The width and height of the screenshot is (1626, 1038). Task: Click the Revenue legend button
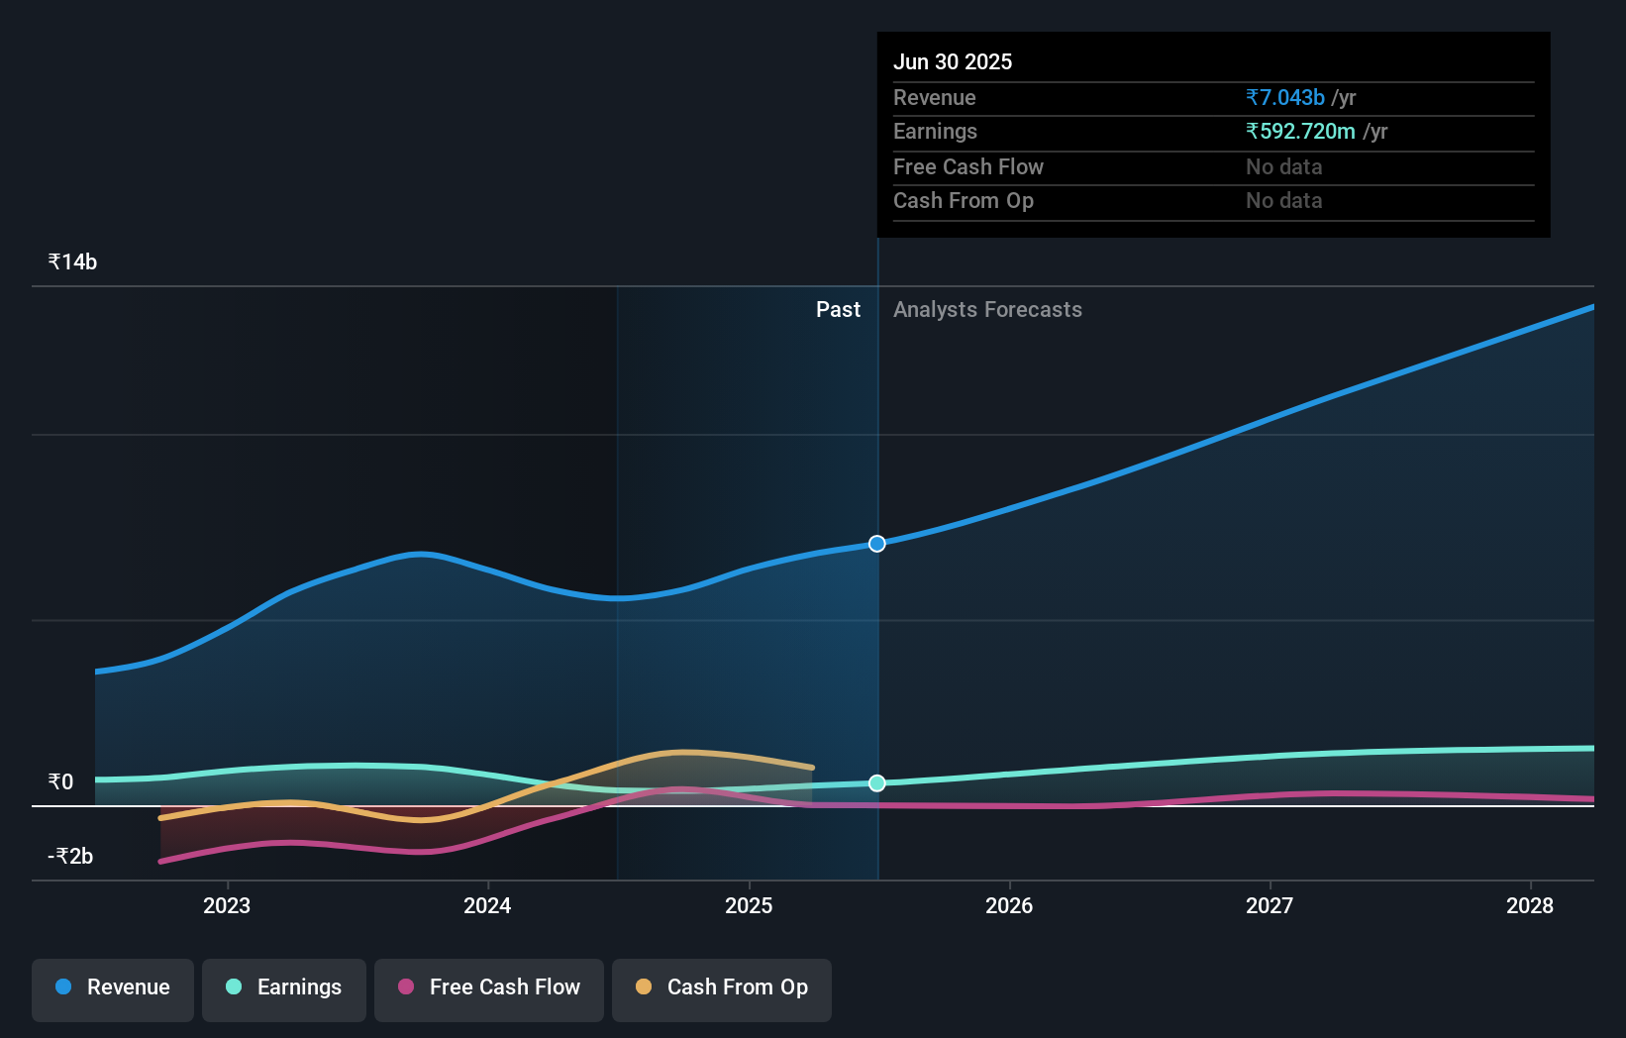point(113,988)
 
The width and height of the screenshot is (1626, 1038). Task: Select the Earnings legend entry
point(284,988)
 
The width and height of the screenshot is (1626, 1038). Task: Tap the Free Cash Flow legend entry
point(489,988)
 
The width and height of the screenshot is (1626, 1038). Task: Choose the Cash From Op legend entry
point(722,988)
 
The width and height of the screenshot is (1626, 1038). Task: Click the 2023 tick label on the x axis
point(227,906)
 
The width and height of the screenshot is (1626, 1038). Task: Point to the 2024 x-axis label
point(487,906)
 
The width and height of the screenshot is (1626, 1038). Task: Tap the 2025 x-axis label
point(749,906)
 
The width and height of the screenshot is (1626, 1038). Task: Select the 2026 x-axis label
point(1009,906)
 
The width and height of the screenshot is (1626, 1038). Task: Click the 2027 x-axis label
point(1270,906)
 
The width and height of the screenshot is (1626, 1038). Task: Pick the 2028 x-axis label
point(1530,906)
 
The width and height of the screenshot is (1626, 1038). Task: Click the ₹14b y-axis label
point(72,262)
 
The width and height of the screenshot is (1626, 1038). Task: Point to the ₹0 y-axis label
point(60,782)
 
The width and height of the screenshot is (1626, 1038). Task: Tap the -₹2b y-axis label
point(70,857)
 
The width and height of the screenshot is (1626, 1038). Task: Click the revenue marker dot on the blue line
point(877,544)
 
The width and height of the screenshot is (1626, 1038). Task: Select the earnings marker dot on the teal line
point(877,783)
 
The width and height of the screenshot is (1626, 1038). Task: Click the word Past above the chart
point(838,310)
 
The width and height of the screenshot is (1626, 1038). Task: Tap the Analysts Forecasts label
point(987,310)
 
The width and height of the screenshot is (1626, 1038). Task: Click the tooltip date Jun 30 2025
point(953,62)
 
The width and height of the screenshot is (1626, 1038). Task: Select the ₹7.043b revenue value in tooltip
point(1285,98)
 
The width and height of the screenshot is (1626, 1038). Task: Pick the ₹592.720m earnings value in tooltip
point(1300,132)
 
